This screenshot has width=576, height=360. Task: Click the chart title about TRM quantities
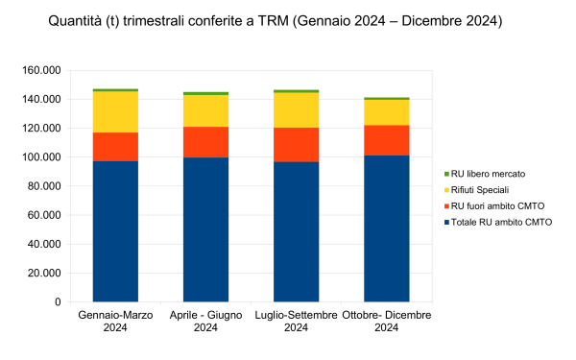click(275, 20)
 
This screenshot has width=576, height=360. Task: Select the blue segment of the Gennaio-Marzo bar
click(115, 230)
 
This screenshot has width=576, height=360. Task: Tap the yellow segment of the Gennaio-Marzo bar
click(115, 111)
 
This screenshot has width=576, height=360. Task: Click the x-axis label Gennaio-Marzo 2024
click(115, 322)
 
